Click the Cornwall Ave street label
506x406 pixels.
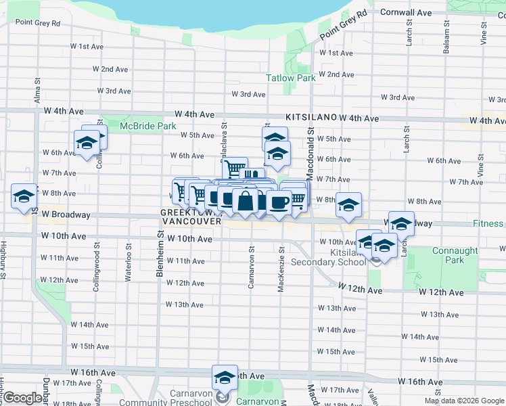pyautogui.click(x=406, y=12)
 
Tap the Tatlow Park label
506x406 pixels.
pyautogui.click(x=291, y=78)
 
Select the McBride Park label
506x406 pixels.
pyautogui.click(x=147, y=126)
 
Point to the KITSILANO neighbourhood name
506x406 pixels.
pyautogui.click(x=311, y=117)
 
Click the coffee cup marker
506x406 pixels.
pyautogui.click(x=278, y=202)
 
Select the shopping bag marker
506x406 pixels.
pyautogui.click(x=246, y=202)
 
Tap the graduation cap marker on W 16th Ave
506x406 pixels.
pyautogui.click(x=225, y=378)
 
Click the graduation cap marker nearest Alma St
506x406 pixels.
pyautogui.click(x=24, y=196)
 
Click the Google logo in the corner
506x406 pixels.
pyautogui.click(x=22, y=398)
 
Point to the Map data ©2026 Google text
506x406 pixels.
pyautogui.click(x=464, y=401)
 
